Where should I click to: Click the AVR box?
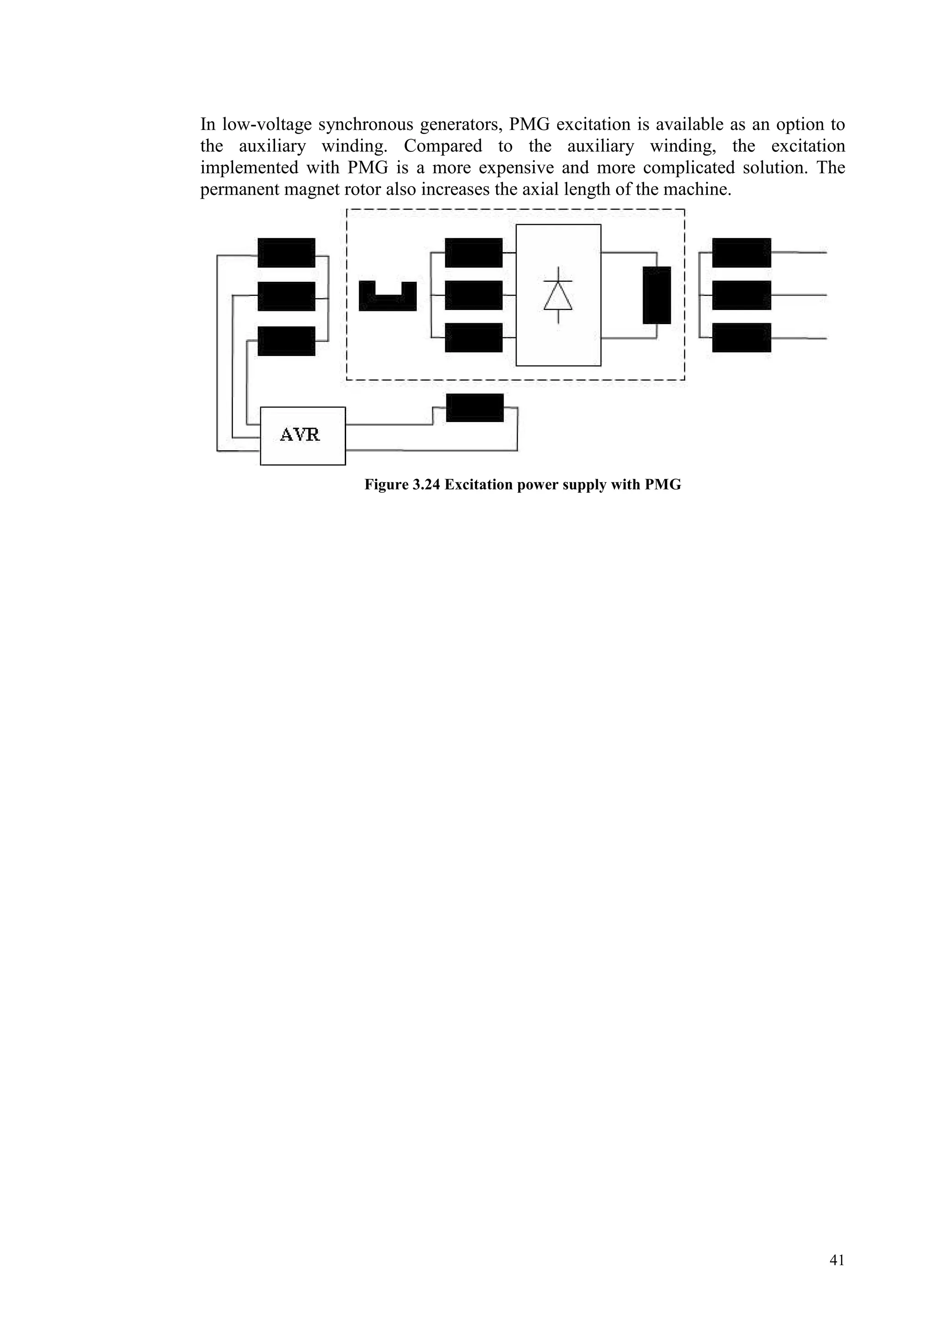coord(303,435)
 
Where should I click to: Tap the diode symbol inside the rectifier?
coord(558,295)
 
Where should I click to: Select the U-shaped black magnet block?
coord(387,298)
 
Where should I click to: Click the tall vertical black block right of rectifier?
coord(657,295)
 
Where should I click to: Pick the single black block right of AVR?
coord(475,408)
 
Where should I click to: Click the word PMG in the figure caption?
coord(663,485)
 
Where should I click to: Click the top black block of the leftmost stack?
coord(286,253)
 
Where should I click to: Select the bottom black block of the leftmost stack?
coord(286,341)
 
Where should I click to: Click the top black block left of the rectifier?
coord(474,253)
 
